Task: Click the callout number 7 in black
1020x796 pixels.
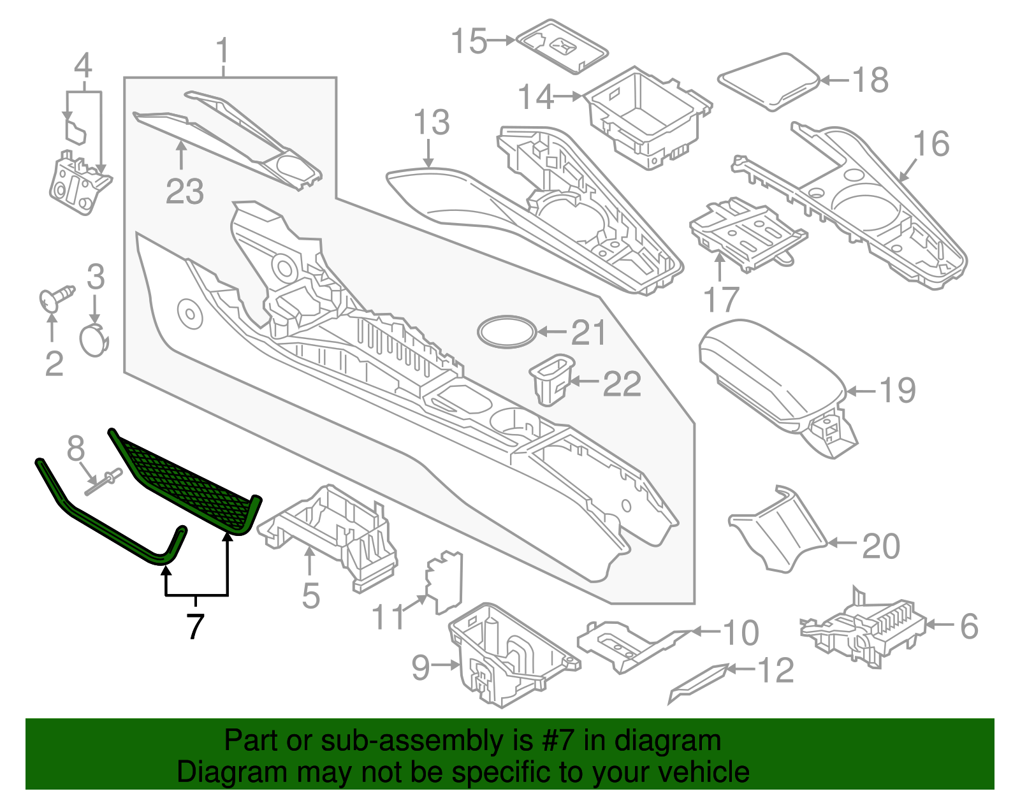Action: pos(195,626)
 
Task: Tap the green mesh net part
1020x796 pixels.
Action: pos(185,481)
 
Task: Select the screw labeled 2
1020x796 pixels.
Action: pos(56,298)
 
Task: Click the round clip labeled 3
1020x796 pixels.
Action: pos(93,338)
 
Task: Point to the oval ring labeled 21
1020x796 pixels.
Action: pos(507,331)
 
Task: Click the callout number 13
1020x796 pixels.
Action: pos(432,122)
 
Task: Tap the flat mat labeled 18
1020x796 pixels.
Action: pos(768,80)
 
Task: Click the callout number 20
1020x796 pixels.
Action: pos(881,546)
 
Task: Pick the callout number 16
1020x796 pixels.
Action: pos(931,144)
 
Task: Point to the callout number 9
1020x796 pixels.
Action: pos(421,667)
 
